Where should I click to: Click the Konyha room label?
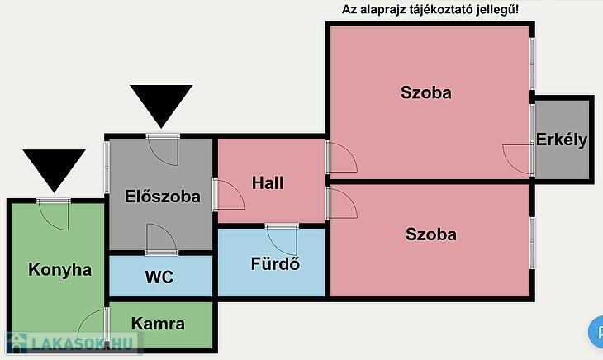[x=60, y=270]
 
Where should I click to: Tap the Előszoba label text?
[x=162, y=197]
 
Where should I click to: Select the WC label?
[x=159, y=277]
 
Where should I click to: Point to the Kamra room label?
[x=158, y=324]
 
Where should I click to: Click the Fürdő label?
[x=275, y=263]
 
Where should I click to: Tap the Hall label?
[x=268, y=182]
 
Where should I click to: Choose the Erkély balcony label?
[x=562, y=140]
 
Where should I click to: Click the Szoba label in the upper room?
[x=426, y=92]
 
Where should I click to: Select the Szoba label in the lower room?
[x=431, y=234]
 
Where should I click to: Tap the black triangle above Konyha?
[x=54, y=170]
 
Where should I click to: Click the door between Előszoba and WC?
[x=161, y=239]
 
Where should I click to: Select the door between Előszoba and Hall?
[x=229, y=194]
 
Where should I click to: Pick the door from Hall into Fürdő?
[x=282, y=239]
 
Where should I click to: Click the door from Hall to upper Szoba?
[x=341, y=157]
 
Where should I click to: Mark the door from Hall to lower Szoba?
[x=341, y=204]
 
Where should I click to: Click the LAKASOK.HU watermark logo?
[x=73, y=343]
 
